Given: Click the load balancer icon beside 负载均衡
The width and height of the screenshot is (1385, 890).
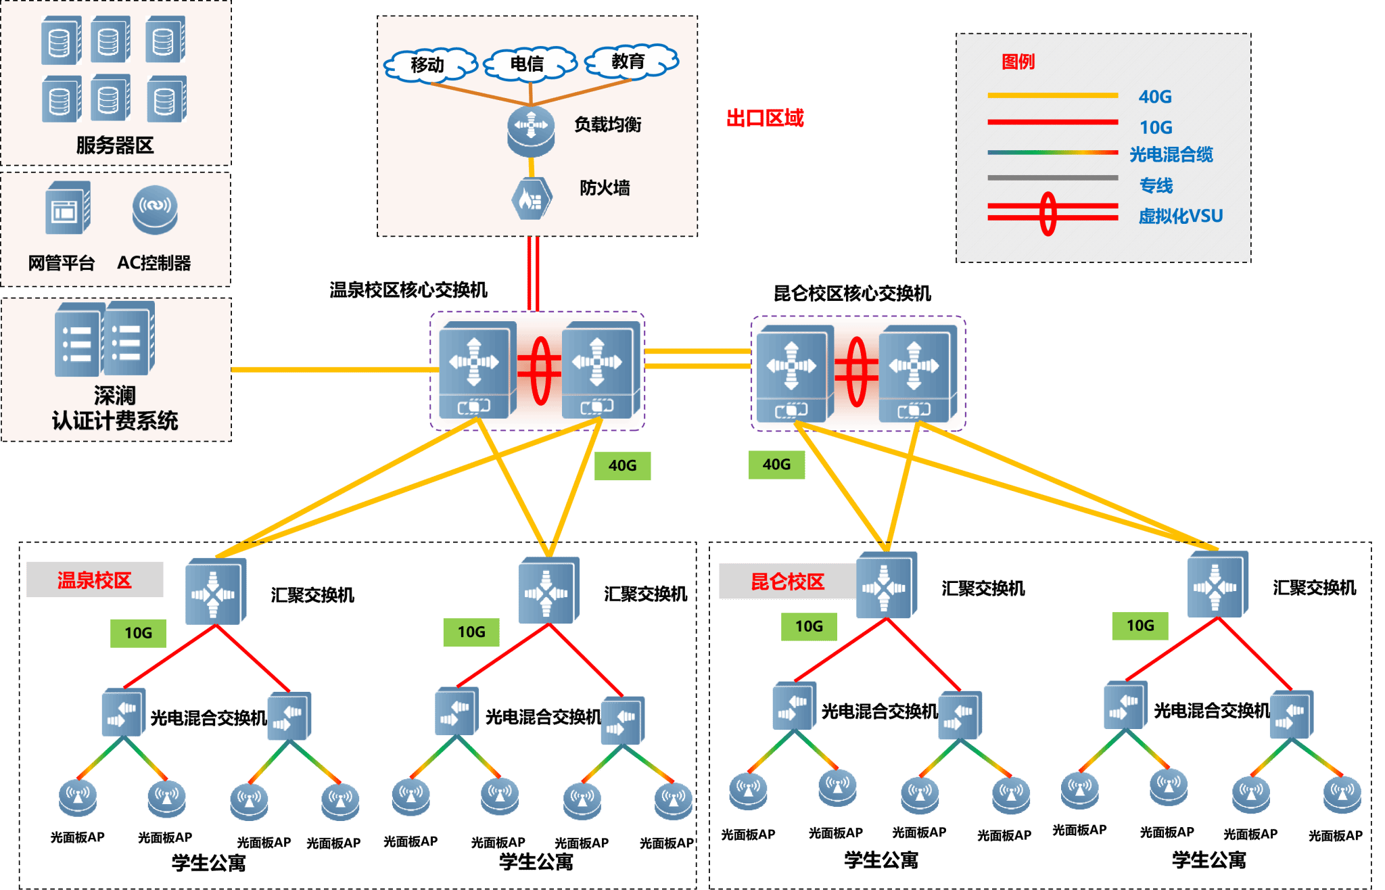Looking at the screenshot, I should [x=531, y=130].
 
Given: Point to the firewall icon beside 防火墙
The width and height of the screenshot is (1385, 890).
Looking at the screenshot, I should [x=532, y=198].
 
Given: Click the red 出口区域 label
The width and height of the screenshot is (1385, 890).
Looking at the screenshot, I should [x=765, y=118].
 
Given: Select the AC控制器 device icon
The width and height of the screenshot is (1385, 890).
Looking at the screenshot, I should [x=155, y=209].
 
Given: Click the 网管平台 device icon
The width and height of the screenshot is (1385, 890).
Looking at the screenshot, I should [x=66, y=208].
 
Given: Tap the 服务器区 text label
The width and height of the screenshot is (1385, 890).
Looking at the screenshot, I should [x=115, y=145].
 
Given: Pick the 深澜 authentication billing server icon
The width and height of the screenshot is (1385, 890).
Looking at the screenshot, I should [x=105, y=339].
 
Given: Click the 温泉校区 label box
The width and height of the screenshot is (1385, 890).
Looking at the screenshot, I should [x=95, y=580].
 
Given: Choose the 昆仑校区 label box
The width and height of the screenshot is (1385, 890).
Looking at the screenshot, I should [x=787, y=582].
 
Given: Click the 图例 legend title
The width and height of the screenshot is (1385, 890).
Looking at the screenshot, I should [x=1018, y=62].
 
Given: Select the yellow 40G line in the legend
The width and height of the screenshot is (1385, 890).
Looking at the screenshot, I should [x=1052, y=96].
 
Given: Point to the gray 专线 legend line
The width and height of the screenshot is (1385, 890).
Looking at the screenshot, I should [x=1052, y=178].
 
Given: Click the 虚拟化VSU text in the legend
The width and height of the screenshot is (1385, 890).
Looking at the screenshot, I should [x=1181, y=216].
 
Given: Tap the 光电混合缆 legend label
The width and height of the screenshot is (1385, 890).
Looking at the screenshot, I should [x=1171, y=155].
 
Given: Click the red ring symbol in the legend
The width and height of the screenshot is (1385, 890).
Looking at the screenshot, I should [x=1048, y=214].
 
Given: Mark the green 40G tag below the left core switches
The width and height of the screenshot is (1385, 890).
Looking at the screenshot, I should [x=622, y=466].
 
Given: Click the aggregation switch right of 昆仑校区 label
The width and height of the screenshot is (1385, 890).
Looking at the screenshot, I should [x=886, y=586].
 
